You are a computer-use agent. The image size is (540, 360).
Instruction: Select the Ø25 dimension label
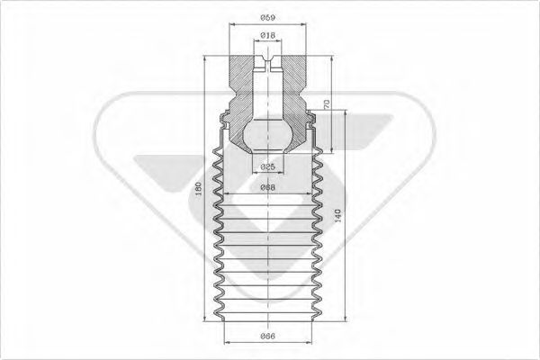[x=267, y=166]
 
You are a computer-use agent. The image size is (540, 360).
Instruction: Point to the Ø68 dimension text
[x=267, y=187]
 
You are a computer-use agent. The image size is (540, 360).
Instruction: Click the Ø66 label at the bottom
[x=267, y=335]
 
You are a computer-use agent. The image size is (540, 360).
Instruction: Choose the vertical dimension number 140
[x=337, y=215]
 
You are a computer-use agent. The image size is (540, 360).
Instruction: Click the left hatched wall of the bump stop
[x=241, y=90]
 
